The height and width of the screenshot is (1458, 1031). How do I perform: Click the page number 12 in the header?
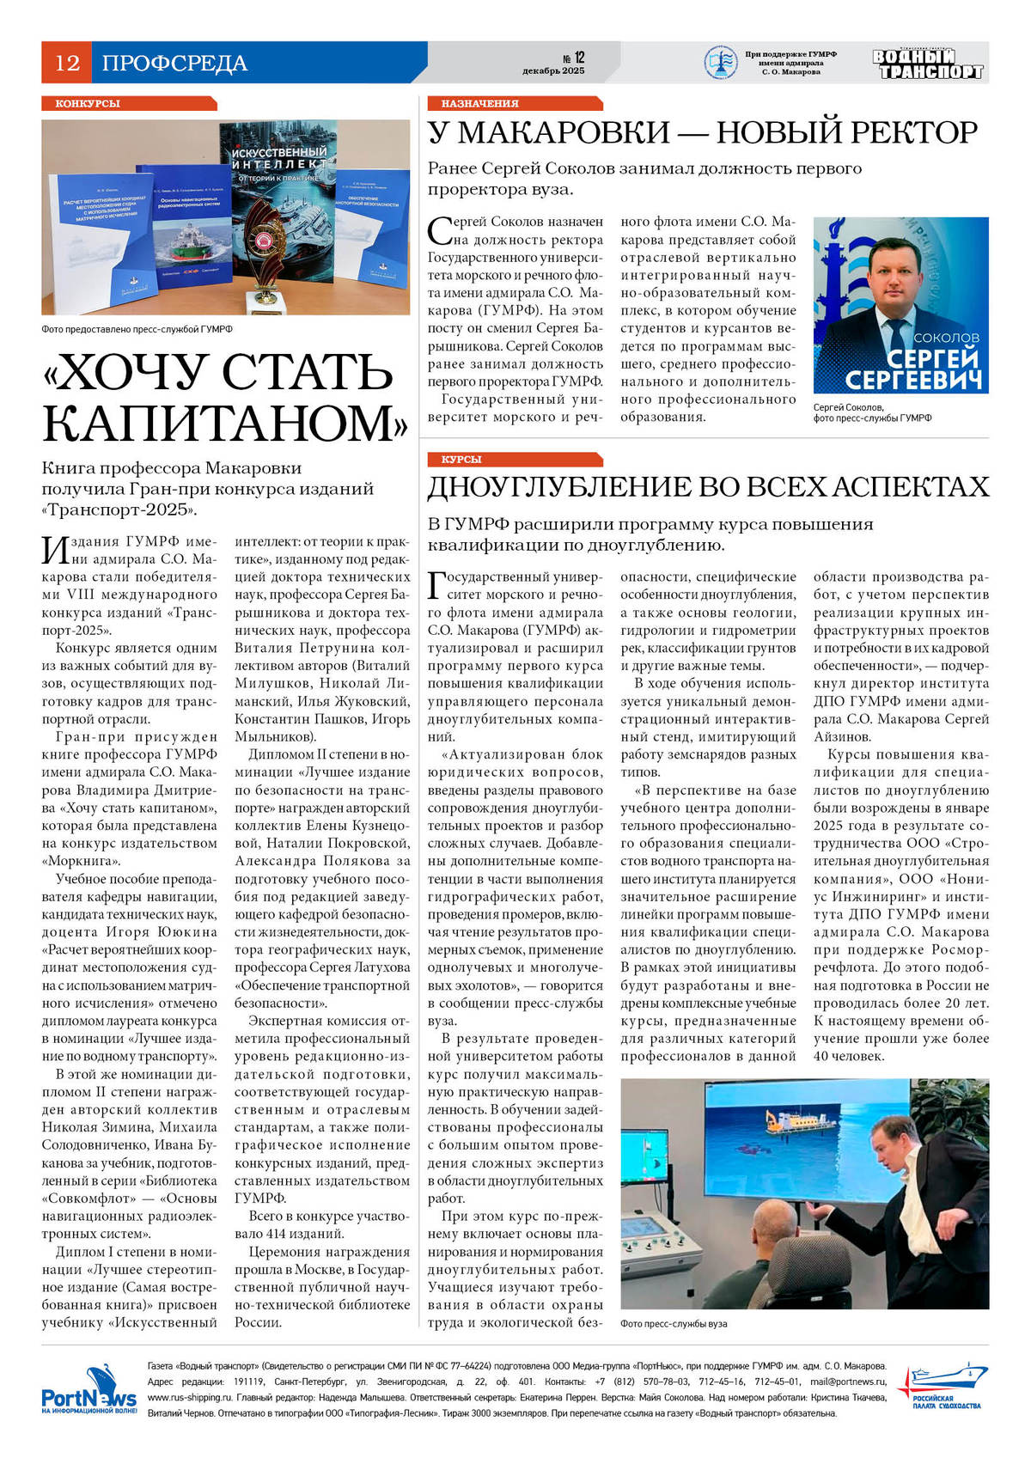[x=67, y=63]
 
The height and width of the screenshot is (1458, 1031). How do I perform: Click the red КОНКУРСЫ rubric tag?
[x=88, y=103]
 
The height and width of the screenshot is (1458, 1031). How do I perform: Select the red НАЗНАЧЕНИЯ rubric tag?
[x=479, y=103]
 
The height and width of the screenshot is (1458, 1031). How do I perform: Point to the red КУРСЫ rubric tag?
[x=461, y=460]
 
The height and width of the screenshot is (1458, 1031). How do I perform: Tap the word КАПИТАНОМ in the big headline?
[x=225, y=422]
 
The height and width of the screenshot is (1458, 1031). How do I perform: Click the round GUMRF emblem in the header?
[x=720, y=63]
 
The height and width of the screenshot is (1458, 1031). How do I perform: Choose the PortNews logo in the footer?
[x=88, y=1388]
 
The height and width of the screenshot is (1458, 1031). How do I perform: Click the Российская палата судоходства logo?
[x=940, y=1387]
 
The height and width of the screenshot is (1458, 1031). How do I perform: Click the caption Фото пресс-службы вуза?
[x=674, y=1323]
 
